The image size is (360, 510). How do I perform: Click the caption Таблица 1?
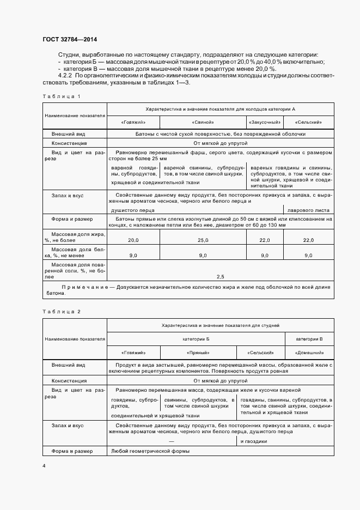[x=62, y=96]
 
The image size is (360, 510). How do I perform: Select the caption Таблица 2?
[x=62, y=311]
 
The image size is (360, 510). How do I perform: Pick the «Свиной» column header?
[x=203, y=122]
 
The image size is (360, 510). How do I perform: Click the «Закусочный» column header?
[x=265, y=122]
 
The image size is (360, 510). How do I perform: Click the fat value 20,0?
[x=133, y=240]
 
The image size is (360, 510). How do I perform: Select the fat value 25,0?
[x=203, y=240]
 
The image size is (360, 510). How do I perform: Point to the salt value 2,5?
[x=220, y=277]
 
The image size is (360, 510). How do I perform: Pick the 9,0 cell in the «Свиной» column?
[x=203, y=255]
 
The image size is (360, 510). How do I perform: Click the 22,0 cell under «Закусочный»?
[x=265, y=240]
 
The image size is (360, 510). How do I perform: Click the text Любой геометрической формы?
[x=150, y=451]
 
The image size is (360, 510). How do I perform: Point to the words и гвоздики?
[x=253, y=441]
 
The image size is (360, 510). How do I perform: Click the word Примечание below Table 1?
[x=80, y=286]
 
